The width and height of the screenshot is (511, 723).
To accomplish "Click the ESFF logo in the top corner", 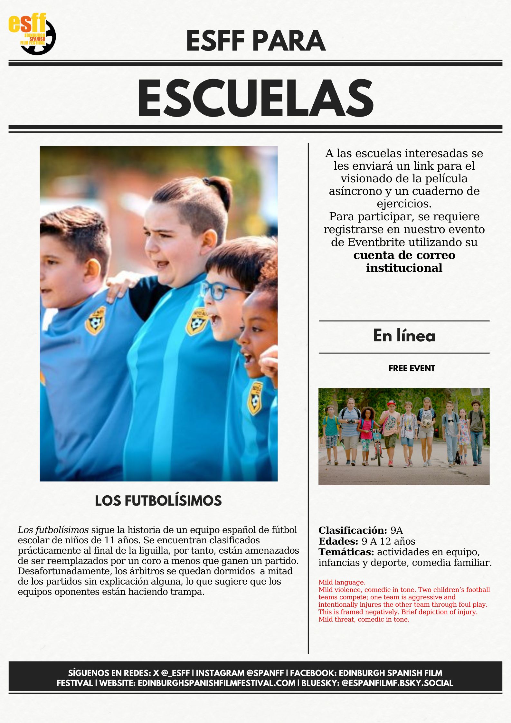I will [x=32, y=34].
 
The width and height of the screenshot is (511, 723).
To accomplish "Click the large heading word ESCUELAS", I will [x=255, y=98].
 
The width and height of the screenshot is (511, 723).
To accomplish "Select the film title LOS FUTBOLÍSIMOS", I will [x=158, y=501].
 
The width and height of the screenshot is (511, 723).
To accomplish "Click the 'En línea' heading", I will [x=404, y=336].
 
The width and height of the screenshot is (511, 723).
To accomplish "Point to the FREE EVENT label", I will [x=412, y=368].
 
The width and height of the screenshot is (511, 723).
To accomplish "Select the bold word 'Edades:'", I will [x=338, y=541].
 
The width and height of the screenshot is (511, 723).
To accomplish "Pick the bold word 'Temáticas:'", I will [x=346, y=552].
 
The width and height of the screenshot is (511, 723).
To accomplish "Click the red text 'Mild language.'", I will [x=342, y=582].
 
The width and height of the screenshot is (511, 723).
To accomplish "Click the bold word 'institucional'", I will [x=404, y=268].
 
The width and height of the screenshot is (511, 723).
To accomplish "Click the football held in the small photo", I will [x=427, y=423].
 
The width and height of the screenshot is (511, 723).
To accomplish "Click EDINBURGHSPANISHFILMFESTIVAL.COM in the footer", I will [x=216, y=683].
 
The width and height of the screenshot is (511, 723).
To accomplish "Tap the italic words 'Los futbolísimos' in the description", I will [x=53, y=530].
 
